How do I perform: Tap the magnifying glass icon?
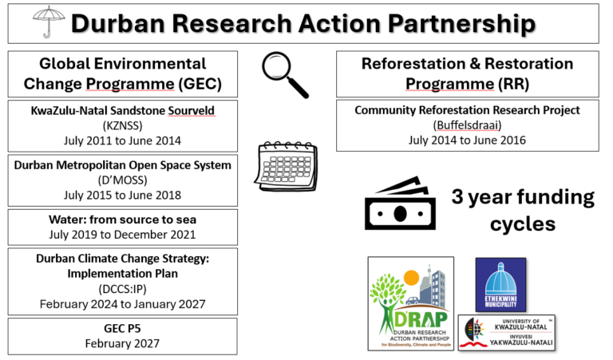[286, 75]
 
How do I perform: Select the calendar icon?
[287, 167]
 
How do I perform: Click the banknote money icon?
[400, 204]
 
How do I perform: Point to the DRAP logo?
[411, 303]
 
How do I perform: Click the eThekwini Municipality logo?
[500, 284]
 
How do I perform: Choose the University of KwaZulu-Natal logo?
[507, 333]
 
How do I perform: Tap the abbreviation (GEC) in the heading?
[200, 84]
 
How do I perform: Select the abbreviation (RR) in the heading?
[514, 84]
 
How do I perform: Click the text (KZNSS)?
[122, 125]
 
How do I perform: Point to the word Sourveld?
[192, 111]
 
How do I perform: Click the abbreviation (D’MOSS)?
[122, 180]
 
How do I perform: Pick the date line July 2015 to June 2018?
[122, 195]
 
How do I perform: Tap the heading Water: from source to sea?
[122, 220]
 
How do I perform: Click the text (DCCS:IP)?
[122, 289]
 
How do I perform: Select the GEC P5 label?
[122, 328]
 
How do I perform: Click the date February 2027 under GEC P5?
[122, 343]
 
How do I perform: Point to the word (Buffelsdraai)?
[467, 125]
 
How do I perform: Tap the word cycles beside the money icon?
[523, 224]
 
